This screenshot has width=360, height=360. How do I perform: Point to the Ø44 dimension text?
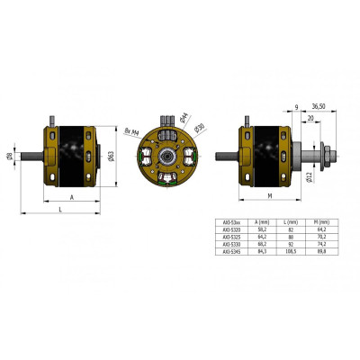pos(184,116)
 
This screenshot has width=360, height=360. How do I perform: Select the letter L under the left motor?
pos(60,209)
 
